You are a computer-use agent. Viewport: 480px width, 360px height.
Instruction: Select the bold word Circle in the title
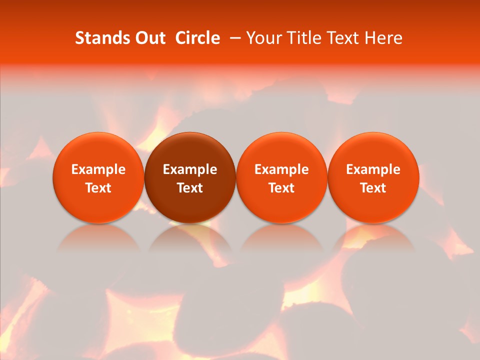click(x=197, y=38)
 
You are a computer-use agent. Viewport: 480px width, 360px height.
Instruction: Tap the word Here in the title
click(x=382, y=38)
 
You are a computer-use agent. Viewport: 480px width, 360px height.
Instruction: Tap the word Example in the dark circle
click(x=190, y=169)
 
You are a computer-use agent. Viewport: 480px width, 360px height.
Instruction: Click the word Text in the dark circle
click(x=190, y=188)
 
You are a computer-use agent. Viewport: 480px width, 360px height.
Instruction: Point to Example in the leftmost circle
click(x=98, y=169)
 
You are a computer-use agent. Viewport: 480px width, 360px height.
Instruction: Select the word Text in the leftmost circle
click(x=98, y=188)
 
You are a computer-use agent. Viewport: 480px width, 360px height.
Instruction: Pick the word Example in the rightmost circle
click(x=373, y=169)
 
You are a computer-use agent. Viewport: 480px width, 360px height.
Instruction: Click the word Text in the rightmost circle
click(x=373, y=188)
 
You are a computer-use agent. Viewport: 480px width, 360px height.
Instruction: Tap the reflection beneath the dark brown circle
click(x=190, y=240)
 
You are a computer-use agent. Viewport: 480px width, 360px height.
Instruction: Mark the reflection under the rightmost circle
click(x=373, y=240)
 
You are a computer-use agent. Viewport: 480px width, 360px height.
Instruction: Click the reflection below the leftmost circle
click(x=98, y=240)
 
